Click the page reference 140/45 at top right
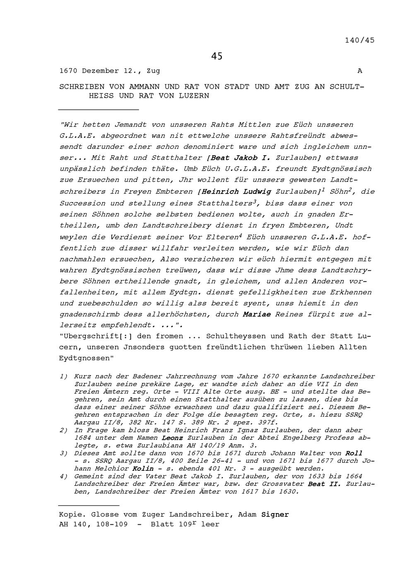[359, 40]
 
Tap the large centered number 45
[217, 56]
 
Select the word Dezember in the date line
[101, 71]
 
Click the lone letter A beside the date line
[360, 71]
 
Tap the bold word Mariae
[257, 314]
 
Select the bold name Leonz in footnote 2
[172, 438]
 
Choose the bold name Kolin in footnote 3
[143, 469]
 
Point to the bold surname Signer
[275, 515]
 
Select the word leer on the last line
[210, 524]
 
